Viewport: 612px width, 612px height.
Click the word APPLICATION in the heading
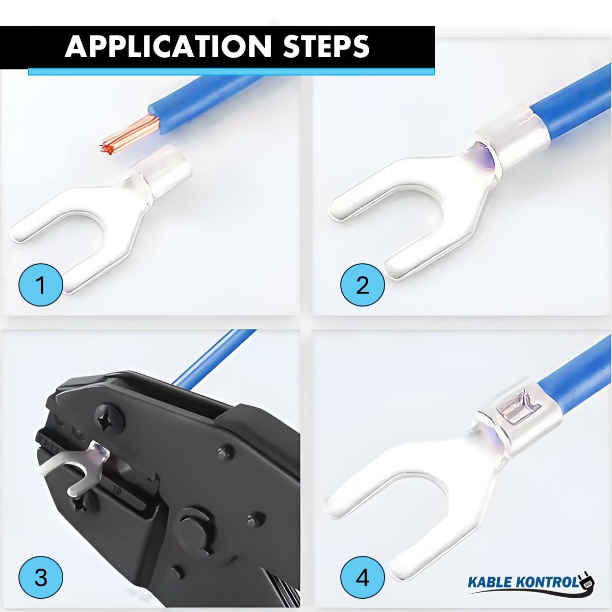click(x=168, y=46)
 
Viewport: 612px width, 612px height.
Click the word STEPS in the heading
click(x=326, y=46)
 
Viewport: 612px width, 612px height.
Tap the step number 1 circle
click(x=41, y=285)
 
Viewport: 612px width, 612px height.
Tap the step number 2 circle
click(x=363, y=285)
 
